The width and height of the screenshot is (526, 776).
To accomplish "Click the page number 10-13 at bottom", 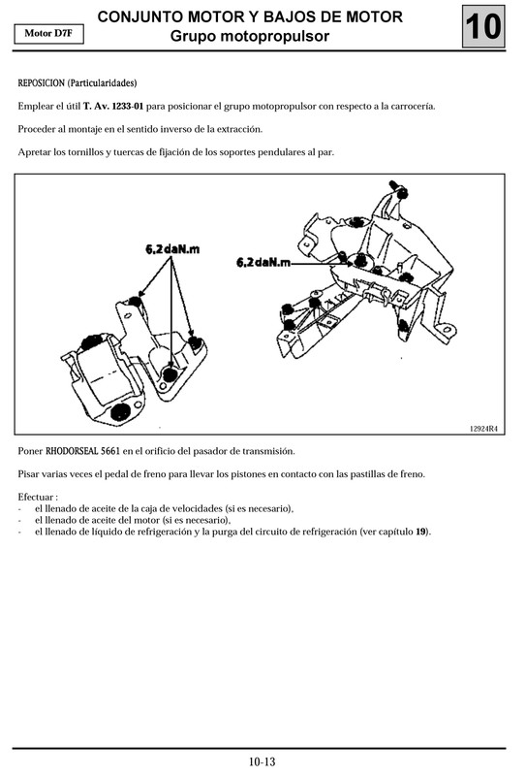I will pyautogui.click(x=262, y=761).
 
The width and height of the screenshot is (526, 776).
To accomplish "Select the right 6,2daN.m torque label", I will pyautogui.click(x=265, y=262).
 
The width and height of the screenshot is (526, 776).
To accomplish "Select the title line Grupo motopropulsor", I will pyautogui.click(x=250, y=37).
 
